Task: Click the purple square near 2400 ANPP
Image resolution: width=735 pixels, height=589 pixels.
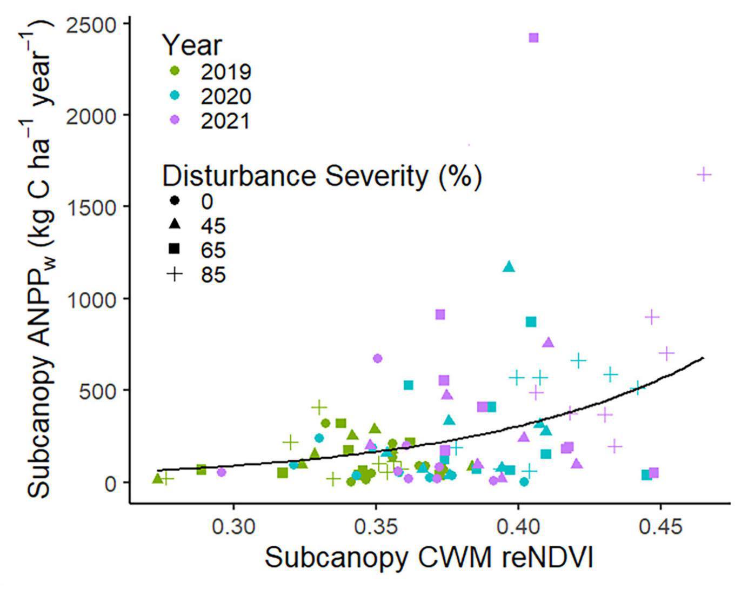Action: [x=533, y=38]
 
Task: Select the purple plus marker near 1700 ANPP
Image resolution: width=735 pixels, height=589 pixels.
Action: [x=704, y=175]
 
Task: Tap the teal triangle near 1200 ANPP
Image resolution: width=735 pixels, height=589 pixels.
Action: [x=509, y=266]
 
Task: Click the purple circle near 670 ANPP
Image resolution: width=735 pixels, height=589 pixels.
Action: [x=378, y=358]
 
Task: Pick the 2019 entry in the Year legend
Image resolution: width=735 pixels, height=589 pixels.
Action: [x=225, y=71]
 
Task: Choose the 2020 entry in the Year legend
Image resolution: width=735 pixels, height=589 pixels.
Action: [x=225, y=96]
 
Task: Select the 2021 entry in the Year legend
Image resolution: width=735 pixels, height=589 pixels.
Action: [x=225, y=121]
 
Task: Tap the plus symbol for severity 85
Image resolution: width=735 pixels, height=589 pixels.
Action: [x=175, y=275]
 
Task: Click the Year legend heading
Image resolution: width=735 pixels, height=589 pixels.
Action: [x=192, y=45]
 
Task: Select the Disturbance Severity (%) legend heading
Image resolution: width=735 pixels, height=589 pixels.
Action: [x=322, y=176]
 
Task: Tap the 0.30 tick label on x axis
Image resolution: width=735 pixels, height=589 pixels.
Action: [x=233, y=526]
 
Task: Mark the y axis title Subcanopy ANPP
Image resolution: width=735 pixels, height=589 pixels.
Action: [x=41, y=259]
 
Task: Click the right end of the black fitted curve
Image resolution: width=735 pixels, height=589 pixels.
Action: [x=703, y=358]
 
